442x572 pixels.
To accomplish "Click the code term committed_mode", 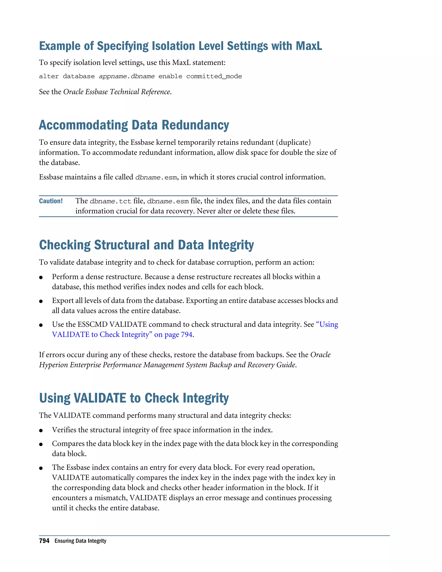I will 214,76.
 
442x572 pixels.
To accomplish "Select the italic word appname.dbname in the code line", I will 127,76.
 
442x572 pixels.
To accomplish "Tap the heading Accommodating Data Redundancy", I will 134,125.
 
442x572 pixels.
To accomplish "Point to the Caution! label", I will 51,201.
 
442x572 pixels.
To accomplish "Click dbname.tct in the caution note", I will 110,201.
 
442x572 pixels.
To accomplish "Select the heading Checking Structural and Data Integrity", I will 146,245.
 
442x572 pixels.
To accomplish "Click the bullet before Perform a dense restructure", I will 41,277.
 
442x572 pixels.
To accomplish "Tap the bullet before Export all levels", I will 41,301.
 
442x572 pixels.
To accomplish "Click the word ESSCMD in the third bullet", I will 93,324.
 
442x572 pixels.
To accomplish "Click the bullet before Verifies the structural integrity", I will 41,431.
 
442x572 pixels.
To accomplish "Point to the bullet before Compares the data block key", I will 41,444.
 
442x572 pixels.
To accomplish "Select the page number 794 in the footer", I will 44,541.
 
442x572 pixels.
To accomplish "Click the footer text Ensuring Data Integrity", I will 80,541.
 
